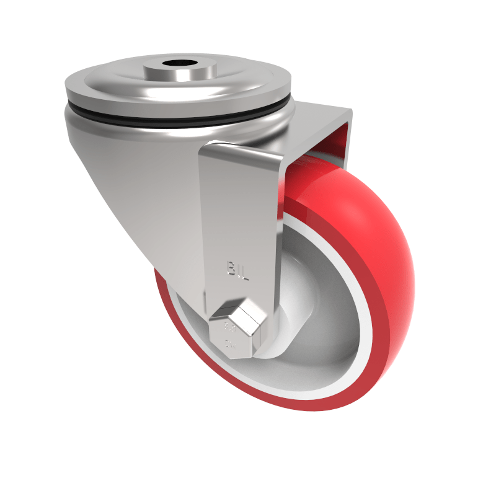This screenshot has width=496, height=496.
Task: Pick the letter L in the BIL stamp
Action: click(244, 272)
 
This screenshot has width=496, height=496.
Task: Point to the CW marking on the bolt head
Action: click(231, 343)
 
